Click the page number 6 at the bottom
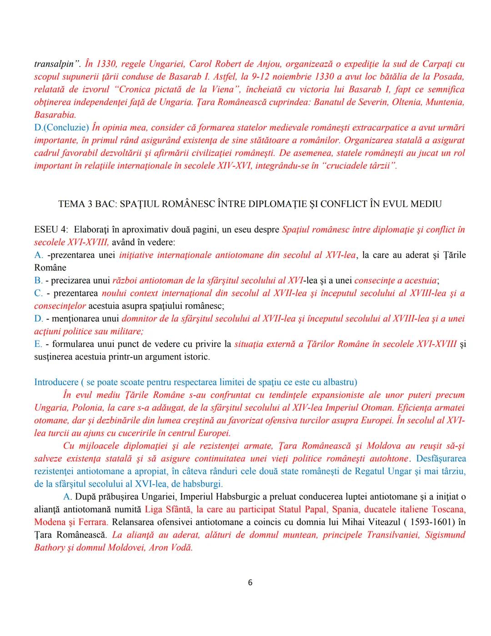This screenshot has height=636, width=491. (x=250, y=582)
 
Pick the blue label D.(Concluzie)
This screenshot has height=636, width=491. (x=61, y=127)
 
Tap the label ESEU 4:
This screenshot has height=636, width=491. (x=50, y=229)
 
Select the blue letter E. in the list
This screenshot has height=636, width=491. (x=39, y=344)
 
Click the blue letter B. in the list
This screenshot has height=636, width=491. (x=38, y=280)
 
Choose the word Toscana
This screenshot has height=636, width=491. (x=448, y=509)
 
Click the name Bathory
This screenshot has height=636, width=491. (x=49, y=547)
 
